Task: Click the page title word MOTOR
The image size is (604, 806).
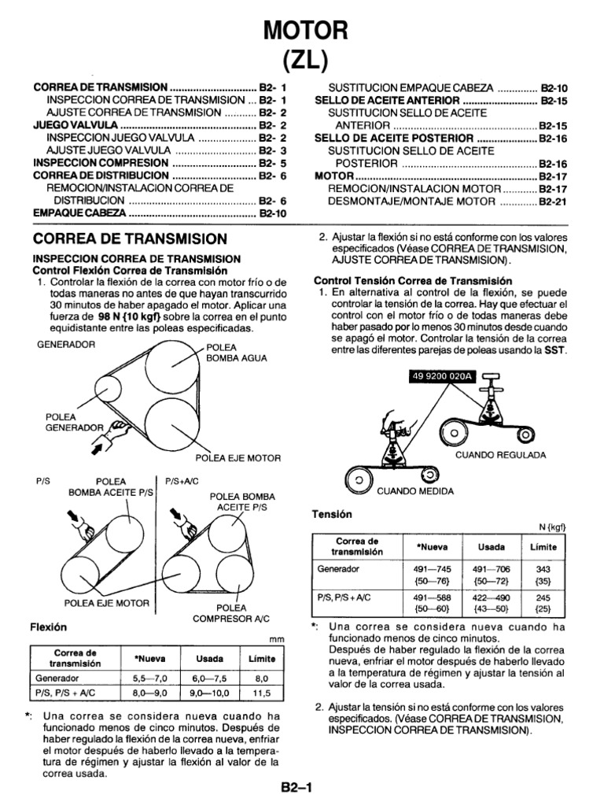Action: tap(303, 31)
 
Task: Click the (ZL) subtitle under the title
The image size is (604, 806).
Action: tap(303, 59)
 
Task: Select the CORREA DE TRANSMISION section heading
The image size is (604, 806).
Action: tap(130, 238)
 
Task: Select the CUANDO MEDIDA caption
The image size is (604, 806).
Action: tap(416, 491)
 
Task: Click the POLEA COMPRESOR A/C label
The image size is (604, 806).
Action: tap(231, 614)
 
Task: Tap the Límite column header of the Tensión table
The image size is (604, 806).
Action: tap(543, 546)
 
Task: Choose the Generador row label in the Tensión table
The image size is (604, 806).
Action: tap(338, 568)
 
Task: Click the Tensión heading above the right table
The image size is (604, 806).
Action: tap(333, 513)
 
